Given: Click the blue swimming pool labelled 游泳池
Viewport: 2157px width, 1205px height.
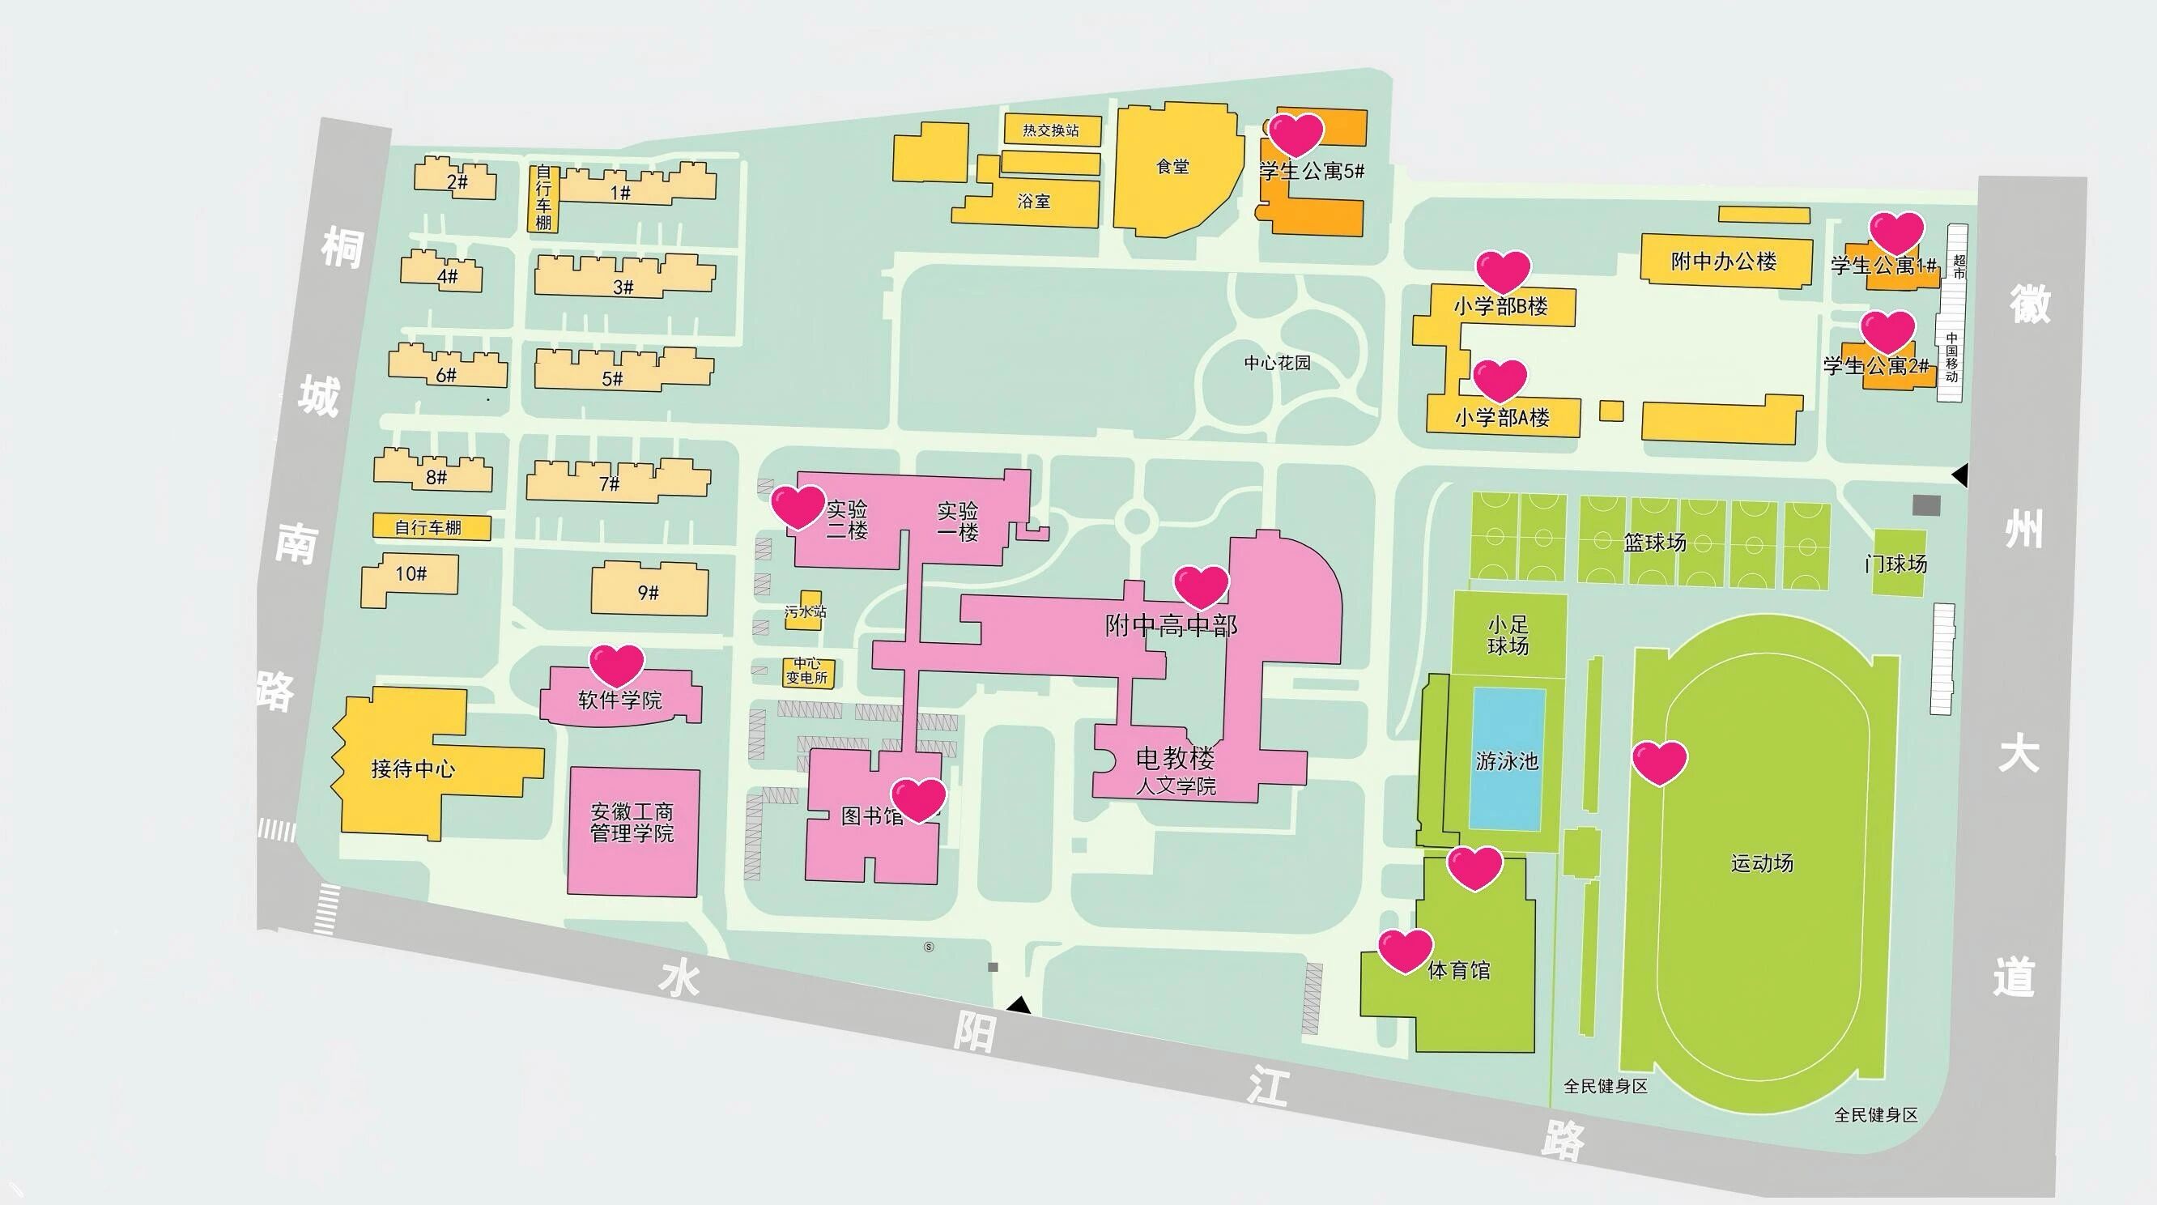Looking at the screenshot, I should [1506, 760].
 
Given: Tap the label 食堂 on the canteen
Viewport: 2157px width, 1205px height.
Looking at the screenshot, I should [1172, 167].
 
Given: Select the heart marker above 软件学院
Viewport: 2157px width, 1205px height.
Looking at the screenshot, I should [616, 664].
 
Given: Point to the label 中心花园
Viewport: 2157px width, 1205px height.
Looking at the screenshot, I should [1277, 363].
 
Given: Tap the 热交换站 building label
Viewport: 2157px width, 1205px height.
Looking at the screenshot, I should [1051, 130].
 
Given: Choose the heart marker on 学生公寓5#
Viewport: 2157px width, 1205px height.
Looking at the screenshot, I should [1295, 134].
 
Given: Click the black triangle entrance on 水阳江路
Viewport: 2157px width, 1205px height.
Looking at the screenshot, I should [1019, 1004].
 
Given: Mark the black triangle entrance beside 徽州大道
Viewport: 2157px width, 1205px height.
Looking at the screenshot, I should [1960, 475].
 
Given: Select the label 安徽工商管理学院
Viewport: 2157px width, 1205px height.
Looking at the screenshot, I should [632, 822].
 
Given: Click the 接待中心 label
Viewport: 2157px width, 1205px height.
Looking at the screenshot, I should [413, 768].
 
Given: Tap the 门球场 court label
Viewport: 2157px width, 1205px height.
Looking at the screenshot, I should [1895, 564].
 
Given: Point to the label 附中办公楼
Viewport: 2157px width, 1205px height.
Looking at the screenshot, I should [1723, 262].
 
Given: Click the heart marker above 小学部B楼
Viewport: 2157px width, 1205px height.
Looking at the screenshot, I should [1502, 270].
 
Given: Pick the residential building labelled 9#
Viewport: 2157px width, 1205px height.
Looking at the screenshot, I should [648, 592].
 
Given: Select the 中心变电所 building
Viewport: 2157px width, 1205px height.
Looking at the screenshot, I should [807, 671].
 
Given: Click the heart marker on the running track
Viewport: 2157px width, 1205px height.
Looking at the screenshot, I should [1659, 761].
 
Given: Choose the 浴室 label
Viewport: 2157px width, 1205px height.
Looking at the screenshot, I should [1033, 201].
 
